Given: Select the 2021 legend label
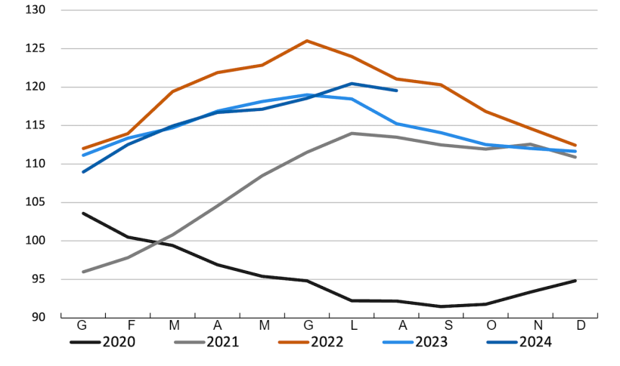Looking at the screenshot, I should (223, 342).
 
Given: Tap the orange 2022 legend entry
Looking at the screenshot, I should (327, 342).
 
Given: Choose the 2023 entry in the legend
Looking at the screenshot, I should (431, 342).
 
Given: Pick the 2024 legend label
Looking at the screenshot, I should (535, 342).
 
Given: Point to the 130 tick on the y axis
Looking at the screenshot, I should (35, 11).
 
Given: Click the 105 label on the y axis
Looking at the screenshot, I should (35, 202).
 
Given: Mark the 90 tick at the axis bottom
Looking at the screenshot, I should (38, 317).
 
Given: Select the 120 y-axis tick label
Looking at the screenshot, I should (35, 88).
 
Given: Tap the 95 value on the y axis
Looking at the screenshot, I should (38, 279).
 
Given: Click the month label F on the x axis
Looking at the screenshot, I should (130, 326).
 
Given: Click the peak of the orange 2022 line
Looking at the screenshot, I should (307, 41).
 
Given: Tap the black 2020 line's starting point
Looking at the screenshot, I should (83, 213).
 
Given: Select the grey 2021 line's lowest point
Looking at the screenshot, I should (83, 272).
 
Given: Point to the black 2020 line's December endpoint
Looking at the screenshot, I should (575, 281).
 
